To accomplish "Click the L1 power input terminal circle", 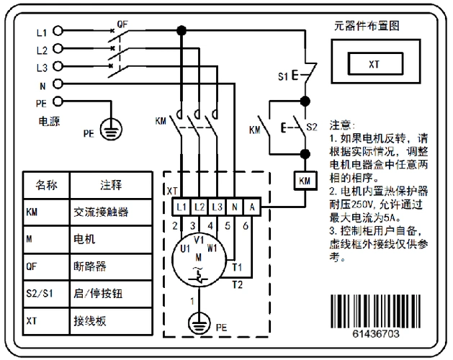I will click(x=58, y=32).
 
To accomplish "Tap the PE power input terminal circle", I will click(x=58, y=102).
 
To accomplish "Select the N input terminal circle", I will click(x=58, y=84).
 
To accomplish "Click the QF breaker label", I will click(x=122, y=23).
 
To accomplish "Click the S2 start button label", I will click(x=311, y=127).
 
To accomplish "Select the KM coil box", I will click(x=304, y=180).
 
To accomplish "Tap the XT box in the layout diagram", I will click(x=374, y=63).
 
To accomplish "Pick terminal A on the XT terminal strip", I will click(x=251, y=207).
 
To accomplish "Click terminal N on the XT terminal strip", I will click(x=234, y=207).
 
